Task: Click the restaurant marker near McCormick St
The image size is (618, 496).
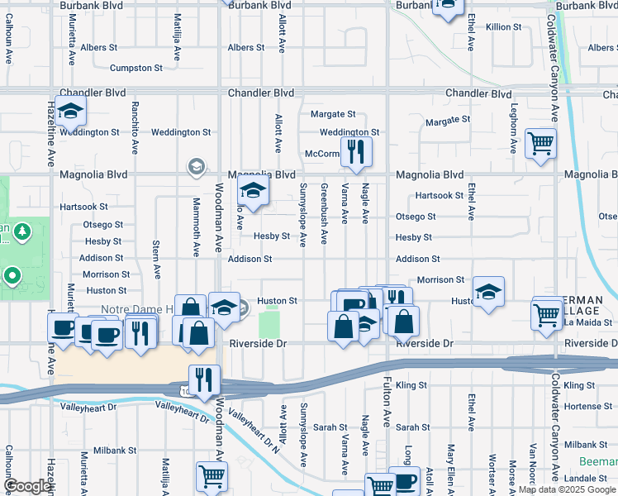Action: pyautogui.click(x=356, y=151)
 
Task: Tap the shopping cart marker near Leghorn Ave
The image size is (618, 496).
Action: pyautogui.click(x=540, y=143)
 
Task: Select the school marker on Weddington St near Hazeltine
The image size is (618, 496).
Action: pyautogui.click(x=71, y=112)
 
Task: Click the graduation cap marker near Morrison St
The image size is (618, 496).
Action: pyautogui.click(x=488, y=291)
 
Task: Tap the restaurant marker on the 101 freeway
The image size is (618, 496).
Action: pyautogui.click(x=204, y=380)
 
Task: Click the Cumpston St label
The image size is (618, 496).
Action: pyautogui.click(x=136, y=68)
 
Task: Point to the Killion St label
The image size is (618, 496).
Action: pyautogui.click(x=503, y=27)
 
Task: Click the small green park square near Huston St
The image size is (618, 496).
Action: pyautogui.click(x=269, y=322)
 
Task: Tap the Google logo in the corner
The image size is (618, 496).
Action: pyautogui.click(x=27, y=487)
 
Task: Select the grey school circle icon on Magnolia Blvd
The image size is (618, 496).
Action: pyautogui.click(x=196, y=168)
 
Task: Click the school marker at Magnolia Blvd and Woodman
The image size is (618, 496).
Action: pyautogui.click(x=252, y=192)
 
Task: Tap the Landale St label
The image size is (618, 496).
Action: pyautogui.click(x=588, y=479)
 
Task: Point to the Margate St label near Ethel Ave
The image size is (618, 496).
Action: pyautogui.click(x=447, y=121)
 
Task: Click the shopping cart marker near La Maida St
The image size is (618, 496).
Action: pyautogui.click(x=547, y=314)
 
